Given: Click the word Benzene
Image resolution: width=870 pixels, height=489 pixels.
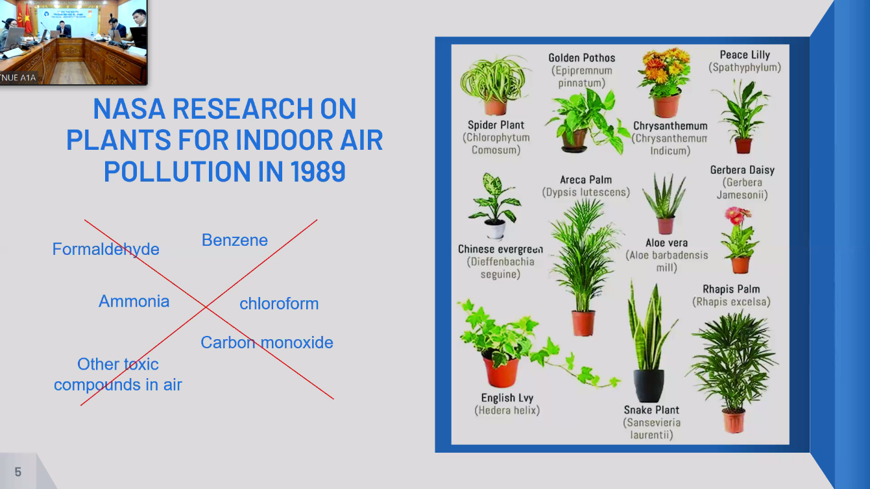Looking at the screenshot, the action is coord(235,240).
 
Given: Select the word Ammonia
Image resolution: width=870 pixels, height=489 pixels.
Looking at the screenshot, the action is coord(134,302).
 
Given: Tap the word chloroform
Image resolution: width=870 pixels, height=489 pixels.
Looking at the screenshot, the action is coord(279,304).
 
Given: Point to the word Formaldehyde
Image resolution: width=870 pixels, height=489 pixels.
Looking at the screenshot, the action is coord(106,249).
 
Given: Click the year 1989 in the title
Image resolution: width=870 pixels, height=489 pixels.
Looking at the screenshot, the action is coord(318,171).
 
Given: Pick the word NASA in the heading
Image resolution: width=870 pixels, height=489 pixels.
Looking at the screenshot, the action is coord(129,109).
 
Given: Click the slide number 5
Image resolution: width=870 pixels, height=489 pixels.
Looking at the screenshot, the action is coord(18,472).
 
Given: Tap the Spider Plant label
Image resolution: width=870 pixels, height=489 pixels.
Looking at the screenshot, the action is coord(496,125).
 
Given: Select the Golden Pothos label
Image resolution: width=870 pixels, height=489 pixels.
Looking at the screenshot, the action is coord(582,58).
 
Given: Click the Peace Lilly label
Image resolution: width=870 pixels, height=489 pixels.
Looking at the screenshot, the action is coord(745,55).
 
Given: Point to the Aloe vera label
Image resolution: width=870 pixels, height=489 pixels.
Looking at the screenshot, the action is coord(666,243).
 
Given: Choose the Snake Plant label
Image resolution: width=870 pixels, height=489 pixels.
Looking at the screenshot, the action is coord(651,410).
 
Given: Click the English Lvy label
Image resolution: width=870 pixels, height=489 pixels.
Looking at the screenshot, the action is coord(507,398).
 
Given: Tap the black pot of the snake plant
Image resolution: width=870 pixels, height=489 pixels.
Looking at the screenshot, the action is coord(648,385).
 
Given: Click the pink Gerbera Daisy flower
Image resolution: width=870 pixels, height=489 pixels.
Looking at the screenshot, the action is coord(734,215).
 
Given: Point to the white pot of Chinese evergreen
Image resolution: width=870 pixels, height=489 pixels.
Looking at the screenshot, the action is coord(496,230).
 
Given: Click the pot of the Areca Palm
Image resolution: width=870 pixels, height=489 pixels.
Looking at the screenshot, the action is coord(583,323).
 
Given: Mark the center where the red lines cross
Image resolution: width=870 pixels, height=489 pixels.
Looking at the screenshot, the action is coord(206,307).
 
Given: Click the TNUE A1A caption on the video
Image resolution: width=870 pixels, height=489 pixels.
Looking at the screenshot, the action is coord(18,78).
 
